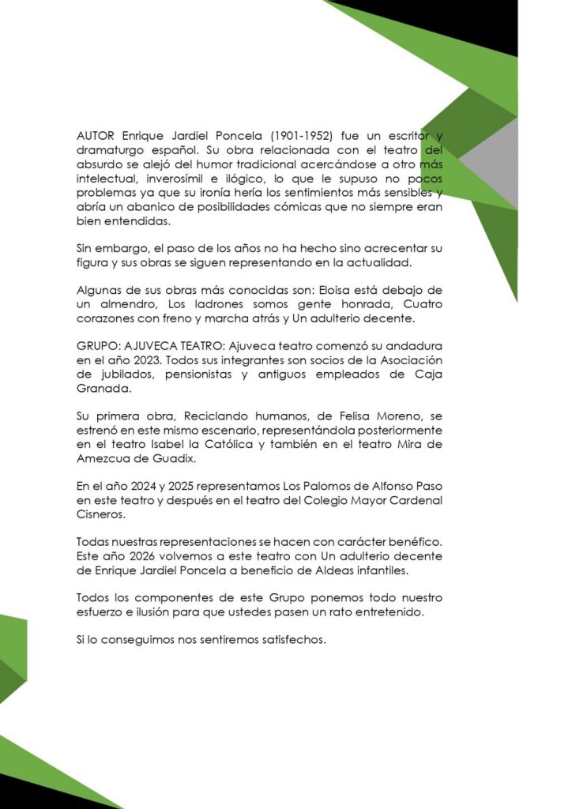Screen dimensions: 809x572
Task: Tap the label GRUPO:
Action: coord(98,346)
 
